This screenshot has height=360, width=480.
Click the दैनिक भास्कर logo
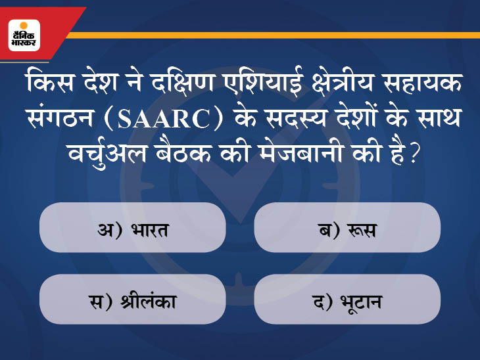24,35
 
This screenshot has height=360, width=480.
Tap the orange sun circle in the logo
24,26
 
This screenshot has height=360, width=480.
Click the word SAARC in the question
164,119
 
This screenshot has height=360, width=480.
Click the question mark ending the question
413,154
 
